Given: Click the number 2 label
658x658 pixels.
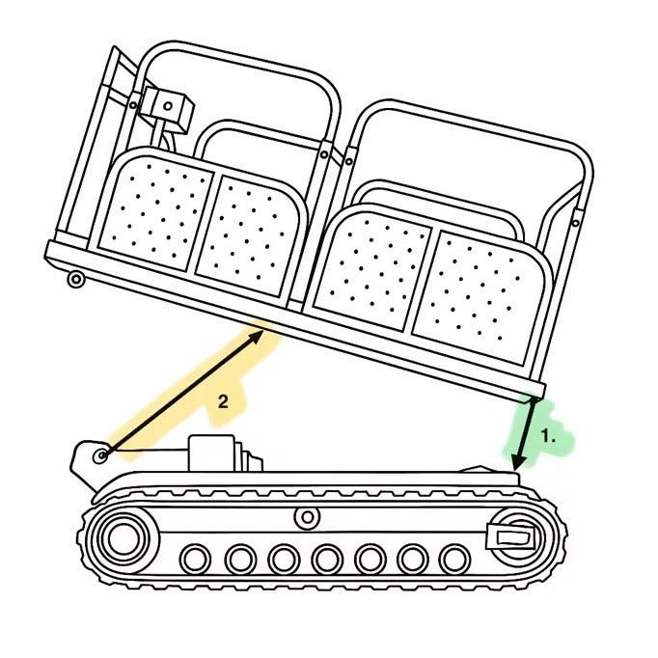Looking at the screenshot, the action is [x=223, y=401].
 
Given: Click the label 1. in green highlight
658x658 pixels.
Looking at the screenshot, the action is [x=548, y=436].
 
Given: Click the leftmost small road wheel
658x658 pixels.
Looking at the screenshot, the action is [x=195, y=559].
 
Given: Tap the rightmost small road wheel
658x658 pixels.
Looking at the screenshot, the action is [x=454, y=559].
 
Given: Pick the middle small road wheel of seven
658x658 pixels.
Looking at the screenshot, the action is [x=326, y=559].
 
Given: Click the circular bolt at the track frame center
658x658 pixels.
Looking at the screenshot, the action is [x=308, y=517].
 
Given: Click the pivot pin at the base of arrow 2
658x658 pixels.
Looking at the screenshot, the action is [x=100, y=455].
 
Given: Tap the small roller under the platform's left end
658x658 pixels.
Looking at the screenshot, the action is [x=76, y=279].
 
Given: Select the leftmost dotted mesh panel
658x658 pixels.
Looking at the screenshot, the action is [x=157, y=212].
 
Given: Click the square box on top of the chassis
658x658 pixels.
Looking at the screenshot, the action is [x=211, y=453].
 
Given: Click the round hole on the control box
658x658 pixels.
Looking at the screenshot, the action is [x=168, y=106].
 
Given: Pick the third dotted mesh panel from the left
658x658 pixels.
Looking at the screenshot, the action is [x=371, y=271].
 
